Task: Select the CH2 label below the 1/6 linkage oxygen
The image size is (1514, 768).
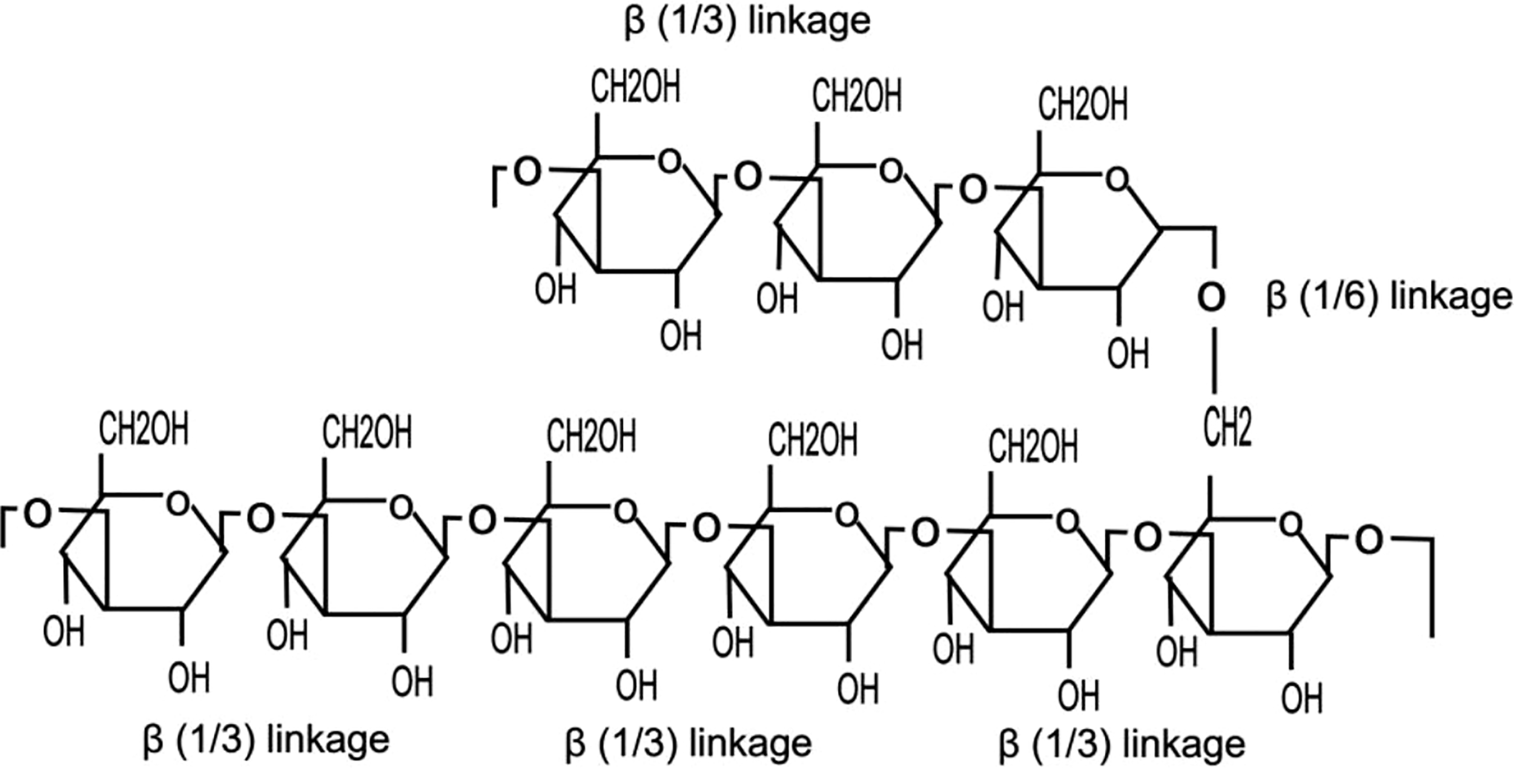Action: coord(1227,428)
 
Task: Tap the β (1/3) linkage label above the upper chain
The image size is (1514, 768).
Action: coord(747,22)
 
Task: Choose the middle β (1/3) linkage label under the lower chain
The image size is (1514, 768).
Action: coord(689,743)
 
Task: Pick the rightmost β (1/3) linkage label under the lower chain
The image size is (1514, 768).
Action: coord(1122,744)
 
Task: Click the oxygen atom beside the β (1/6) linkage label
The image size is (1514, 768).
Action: coord(1211,298)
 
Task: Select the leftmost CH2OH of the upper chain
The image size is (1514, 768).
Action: coord(635,87)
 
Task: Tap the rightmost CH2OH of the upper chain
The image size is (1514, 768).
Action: coord(1083,105)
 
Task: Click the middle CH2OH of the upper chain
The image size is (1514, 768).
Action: coord(856,96)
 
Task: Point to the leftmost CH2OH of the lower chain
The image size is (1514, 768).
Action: coord(144,429)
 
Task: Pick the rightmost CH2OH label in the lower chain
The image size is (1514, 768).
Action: coord(1033,447)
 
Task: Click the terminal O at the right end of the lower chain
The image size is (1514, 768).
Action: coord(1369,540)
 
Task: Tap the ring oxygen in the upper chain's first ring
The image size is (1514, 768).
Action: coord(669,162)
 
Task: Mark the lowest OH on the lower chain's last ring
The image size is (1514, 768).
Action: coord(1302,698)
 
